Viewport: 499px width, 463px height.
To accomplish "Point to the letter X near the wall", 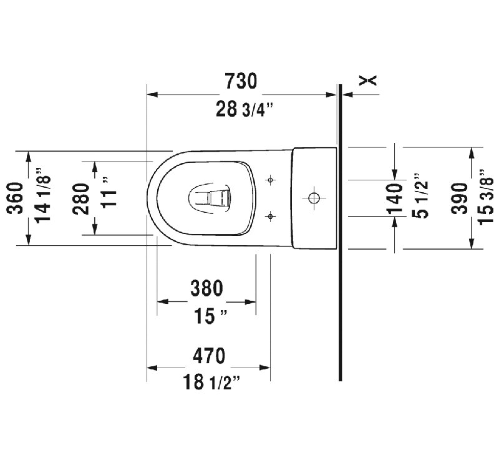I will click(370, 79).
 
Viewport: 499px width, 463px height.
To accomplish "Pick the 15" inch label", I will click(208, 317).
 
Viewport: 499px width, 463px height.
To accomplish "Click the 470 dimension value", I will click(206, 356).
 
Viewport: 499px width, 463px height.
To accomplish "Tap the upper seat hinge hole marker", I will click(270, 180).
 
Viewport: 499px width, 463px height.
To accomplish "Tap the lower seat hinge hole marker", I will click(270, 217).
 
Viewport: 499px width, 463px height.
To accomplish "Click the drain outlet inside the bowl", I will click(209, 197).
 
